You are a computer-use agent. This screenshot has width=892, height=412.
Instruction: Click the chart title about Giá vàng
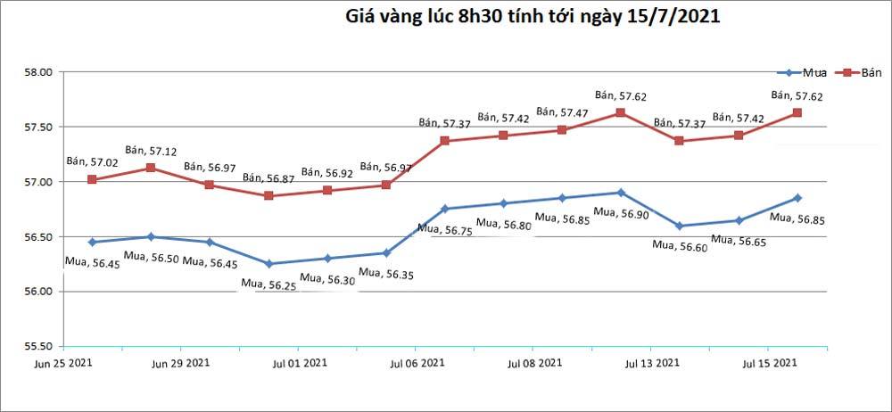point(533,16)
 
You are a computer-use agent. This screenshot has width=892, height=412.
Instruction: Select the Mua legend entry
point(803,72)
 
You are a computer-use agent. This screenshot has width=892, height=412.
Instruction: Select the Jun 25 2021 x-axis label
point(62,363)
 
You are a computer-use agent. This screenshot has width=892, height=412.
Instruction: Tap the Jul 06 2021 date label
point(415,363)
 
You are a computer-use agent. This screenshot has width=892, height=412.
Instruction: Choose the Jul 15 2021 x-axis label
point(769,363)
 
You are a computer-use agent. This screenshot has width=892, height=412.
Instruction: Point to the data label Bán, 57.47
point(562,113)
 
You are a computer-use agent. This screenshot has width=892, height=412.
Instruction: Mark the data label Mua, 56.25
point(268,284)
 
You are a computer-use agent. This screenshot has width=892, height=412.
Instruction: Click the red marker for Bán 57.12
point(151,168)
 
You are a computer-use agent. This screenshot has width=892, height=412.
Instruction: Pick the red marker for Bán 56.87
point(268,195)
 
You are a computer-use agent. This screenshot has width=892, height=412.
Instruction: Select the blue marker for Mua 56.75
point(444,209)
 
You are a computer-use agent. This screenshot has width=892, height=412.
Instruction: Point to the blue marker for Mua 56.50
point(151,236)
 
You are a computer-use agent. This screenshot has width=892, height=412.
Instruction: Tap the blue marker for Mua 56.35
point(385,252)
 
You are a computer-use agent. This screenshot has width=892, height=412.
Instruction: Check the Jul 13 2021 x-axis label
point(651,363)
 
